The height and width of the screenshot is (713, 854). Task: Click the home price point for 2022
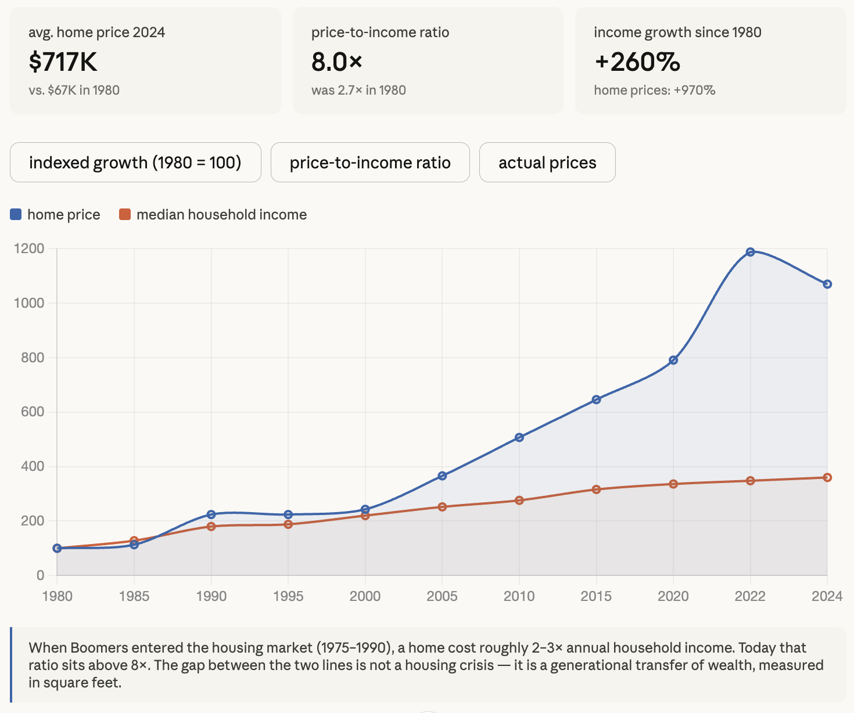(750, 252)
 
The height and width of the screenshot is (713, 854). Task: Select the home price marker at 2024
(827, 284)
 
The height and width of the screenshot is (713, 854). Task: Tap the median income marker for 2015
(596, 489)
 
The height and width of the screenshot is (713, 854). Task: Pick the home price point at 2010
(519, 437)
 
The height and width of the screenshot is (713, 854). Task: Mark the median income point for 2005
(442, 507)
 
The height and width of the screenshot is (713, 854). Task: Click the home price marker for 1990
(211, 514)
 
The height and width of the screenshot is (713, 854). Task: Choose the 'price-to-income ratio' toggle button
(370, 163)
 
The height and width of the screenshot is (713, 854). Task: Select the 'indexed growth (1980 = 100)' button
(135, 163)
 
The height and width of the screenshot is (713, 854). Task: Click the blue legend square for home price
(16, 215)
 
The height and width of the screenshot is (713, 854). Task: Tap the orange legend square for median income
(125, 215)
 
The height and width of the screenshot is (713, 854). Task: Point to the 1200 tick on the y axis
(29, 249)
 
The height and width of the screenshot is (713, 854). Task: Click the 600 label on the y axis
(33, 412)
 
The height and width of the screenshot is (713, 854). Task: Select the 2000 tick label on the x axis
(365, 596)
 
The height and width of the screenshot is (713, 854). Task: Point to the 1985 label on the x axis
(134, 596)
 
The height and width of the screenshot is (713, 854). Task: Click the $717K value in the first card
(63, 62)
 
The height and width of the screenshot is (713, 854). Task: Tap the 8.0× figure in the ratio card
(337, 62)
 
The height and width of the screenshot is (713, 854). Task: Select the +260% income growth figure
(637, 62)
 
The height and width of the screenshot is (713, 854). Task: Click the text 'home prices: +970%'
(654, 91)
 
